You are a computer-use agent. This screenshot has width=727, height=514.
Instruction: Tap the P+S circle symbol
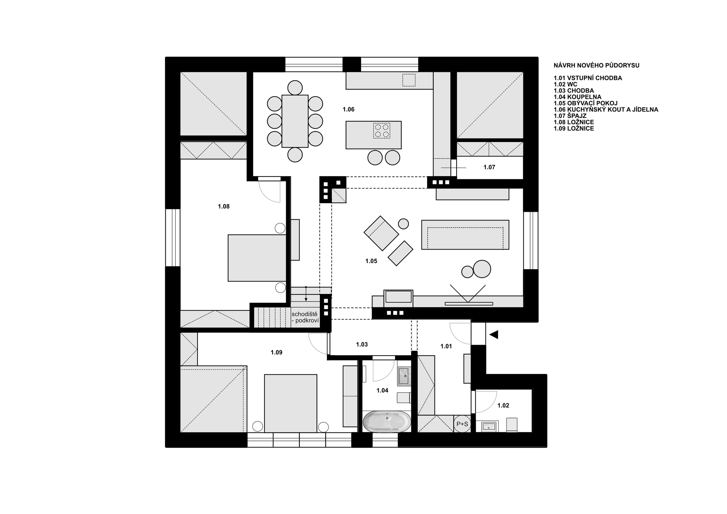[462, 424]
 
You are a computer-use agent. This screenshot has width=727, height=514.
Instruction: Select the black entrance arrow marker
[494, 335]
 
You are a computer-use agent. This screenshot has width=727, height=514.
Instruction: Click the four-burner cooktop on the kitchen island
[381, 130]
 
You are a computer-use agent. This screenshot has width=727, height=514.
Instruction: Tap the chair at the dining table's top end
[295, 87]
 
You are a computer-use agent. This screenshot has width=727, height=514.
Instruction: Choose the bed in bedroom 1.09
[290, 403]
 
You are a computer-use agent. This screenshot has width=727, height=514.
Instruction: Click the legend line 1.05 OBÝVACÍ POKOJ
[585, 103]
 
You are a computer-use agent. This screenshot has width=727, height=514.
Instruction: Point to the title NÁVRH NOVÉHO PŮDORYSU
[596, 66]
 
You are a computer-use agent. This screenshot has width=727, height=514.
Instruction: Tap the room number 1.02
[503, 405]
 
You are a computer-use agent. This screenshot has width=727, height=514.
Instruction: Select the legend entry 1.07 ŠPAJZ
[570, 116]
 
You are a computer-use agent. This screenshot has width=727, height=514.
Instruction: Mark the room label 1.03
[362, 345]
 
